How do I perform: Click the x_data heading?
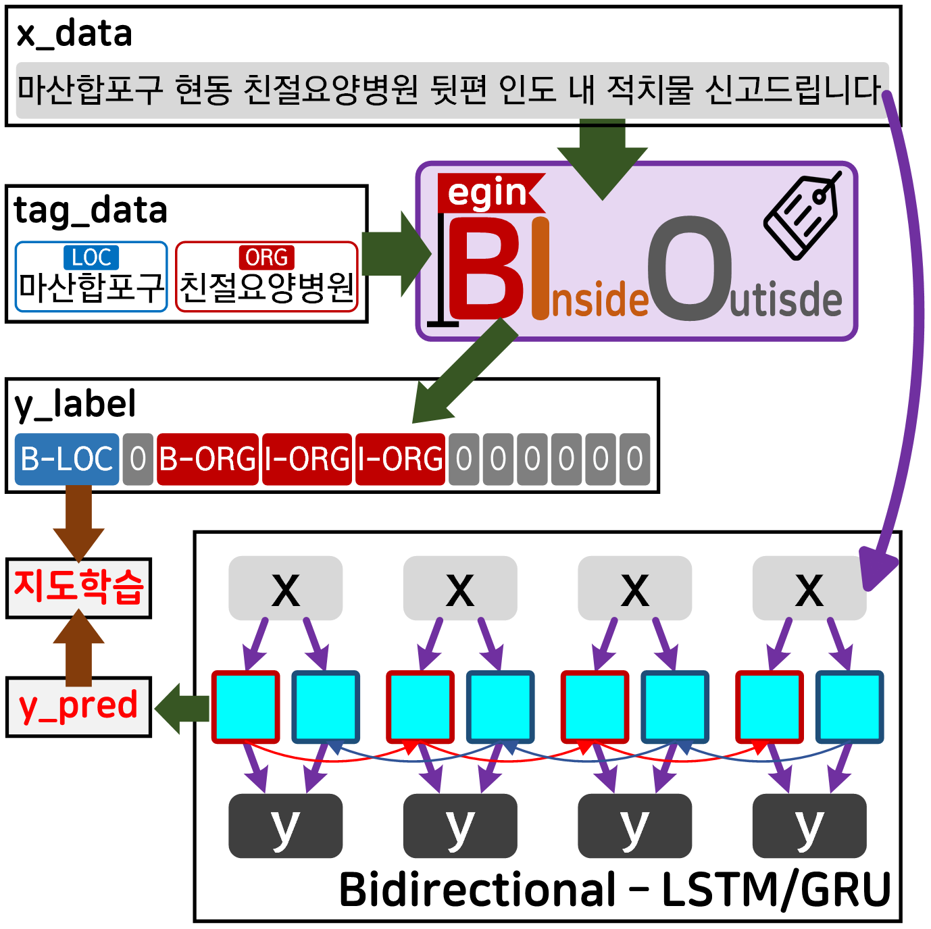pyautogui.click(x=74, y=34)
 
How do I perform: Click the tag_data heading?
pyautogui.click(x=91, y=210)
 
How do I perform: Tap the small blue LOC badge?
pyautogui.click(x=91, y=257)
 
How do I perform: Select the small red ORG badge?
pyautogui.click(x=266, y=257)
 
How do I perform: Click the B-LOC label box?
pyautogui.click(x=67, y=459)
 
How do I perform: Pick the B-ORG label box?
pyautogui.click(x=207, y=459)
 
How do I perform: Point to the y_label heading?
pyautogui.click(x=75, y=404)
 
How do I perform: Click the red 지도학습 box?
pyautogui.click(x=78, y=586)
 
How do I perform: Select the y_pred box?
pyautogui.click(x=78, y=706)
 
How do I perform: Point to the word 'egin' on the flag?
pyautogui.click(x=487, y=193)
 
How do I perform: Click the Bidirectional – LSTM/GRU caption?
pyautogui.click(x=615, y=889)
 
